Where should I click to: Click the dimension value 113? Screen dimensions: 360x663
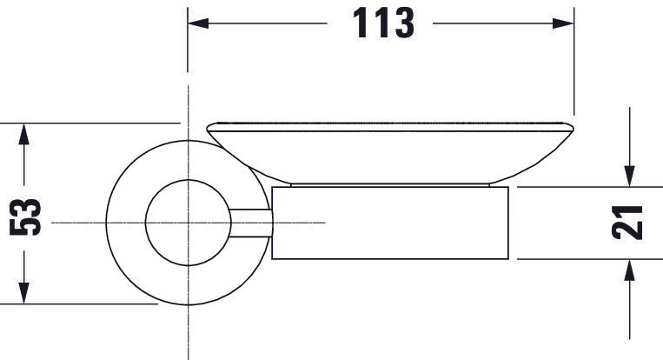coord(382,24)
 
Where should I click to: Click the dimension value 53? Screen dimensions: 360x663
coord(26,218)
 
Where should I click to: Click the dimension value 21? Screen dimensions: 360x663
coord(628,223)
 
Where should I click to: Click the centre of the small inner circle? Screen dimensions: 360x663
coord(189,223)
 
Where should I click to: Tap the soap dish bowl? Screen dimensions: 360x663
coord(391,152)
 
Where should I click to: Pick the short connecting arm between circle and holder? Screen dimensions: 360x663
coord(252,223)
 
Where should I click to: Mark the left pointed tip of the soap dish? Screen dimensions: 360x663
coord(209,129)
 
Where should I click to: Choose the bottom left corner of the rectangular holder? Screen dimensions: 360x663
coord(273,259)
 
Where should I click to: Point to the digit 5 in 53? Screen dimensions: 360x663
coord(26,230)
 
